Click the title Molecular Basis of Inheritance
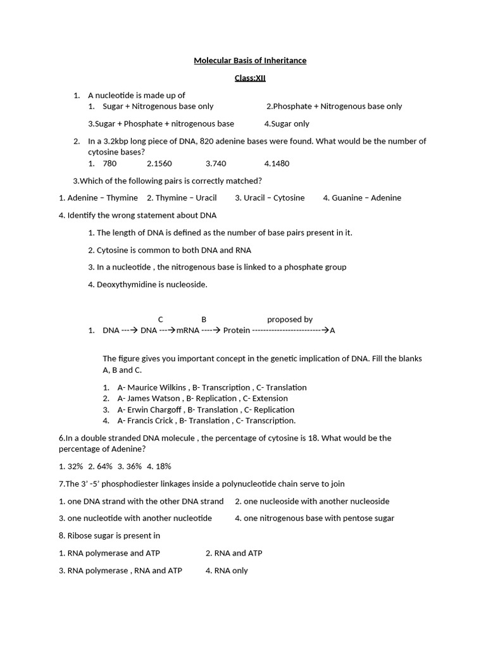249,61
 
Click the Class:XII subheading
249,78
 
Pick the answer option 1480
277,163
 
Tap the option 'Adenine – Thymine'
98,198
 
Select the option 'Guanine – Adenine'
362,198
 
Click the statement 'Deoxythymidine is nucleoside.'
147,285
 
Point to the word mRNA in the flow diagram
187,330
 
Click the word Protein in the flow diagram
237,330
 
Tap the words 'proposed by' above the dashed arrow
290,320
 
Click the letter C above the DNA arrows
160,320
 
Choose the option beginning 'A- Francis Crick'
206,421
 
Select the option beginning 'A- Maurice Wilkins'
212,387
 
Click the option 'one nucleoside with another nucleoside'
312,501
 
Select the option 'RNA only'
227,571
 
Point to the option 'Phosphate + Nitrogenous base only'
334,106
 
